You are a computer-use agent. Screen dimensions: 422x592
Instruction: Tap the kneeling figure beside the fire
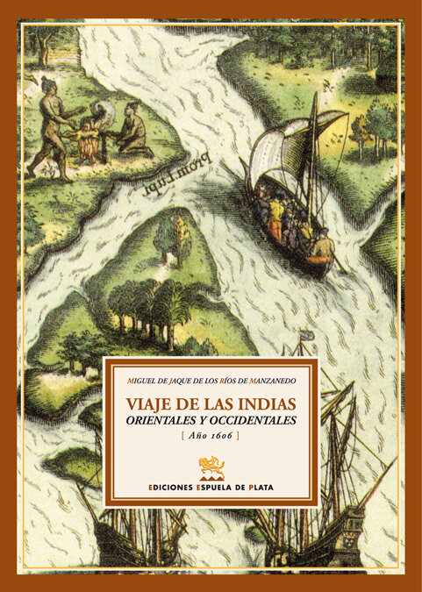[x=131, y=129]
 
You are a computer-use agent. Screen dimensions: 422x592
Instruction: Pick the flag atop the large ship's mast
[x=306, y=335]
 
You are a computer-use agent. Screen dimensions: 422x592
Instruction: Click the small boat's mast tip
[x=314, y=95]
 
